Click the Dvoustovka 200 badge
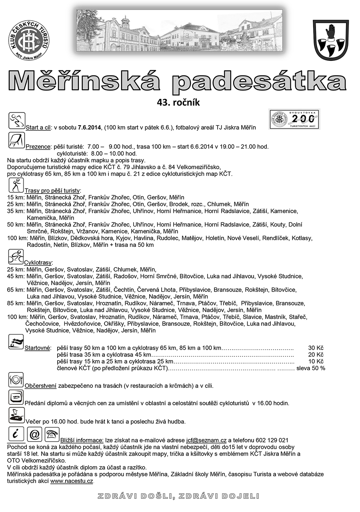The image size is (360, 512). coord(294,119)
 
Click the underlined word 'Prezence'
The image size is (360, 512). coord(38,147)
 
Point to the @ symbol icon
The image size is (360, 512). coord(35,434)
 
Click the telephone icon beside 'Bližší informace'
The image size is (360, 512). coord(52,434)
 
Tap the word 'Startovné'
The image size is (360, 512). coord(38,347)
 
